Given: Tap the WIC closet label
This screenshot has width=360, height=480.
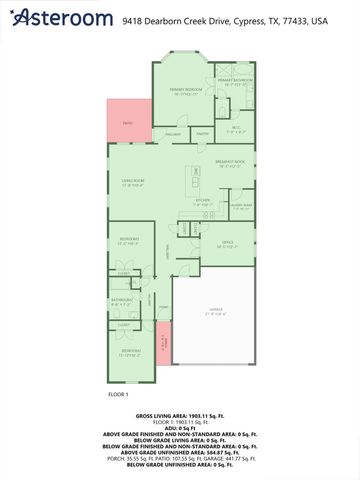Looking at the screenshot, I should point(237,128).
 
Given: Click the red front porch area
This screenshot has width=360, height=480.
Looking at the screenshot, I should point(163,338).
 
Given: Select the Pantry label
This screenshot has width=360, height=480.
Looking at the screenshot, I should point(201,134).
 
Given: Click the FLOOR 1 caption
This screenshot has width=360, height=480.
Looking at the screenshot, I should point(119,395).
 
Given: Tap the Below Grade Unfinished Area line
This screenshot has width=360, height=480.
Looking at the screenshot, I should point(180,465).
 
